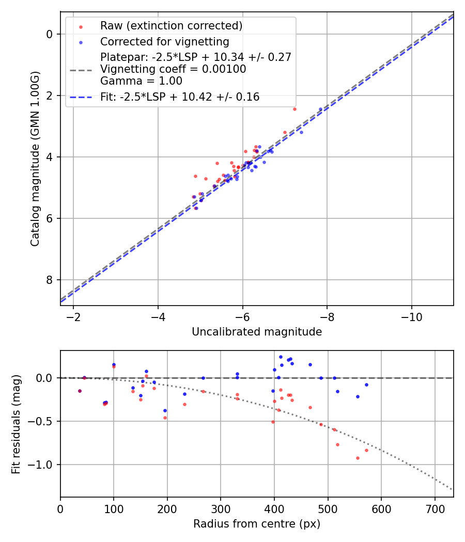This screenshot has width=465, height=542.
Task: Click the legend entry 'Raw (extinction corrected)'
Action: tap(171, 25)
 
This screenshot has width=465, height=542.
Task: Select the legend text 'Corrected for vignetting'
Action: tap(165, 42)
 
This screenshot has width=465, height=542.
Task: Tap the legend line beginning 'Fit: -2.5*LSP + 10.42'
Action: tap(180, 97)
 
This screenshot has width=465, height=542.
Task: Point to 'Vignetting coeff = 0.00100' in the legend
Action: tap(173, 69)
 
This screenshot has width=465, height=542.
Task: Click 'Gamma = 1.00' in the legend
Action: tap(141, 81)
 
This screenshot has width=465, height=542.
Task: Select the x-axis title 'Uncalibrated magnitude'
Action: tap(257, 332)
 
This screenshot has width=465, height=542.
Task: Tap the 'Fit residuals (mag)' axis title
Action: tap(16, 424)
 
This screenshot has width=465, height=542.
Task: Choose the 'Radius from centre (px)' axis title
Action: tap(257, 524)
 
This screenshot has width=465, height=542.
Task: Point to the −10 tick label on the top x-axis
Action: tap(411, 316)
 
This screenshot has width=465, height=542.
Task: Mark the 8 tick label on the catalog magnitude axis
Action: tap(50, 280)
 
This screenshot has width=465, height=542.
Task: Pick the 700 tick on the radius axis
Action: tap(435, 508)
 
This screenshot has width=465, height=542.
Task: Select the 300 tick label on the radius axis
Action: tap(221, 508)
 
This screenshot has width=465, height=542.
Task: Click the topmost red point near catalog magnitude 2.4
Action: tap(295, 109)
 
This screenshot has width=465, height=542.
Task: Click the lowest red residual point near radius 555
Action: tap(358, 458)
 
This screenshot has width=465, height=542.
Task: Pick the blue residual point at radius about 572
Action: tap(366, 385)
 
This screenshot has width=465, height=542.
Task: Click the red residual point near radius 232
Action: tap(184, 404)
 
